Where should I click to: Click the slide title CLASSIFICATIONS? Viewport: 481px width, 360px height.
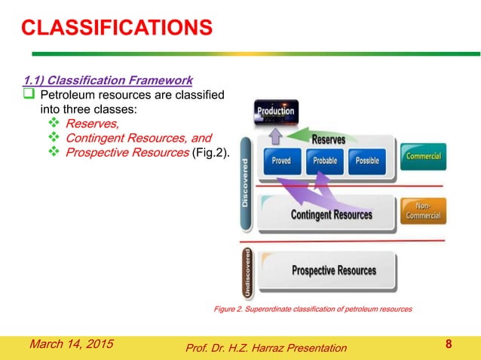(116, 29)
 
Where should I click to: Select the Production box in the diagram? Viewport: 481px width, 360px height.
(276, 112)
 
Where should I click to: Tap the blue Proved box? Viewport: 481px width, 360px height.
(281, 160)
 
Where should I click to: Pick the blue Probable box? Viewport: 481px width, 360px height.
(324, 160)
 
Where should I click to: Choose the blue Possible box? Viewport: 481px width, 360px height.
(366, 160)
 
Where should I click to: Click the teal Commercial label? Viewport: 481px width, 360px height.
(423, 156)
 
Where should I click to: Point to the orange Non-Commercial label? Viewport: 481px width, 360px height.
(423, 210)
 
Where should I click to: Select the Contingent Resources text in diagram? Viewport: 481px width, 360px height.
(331, 215)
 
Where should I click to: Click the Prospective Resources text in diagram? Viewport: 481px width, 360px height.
(333, 270)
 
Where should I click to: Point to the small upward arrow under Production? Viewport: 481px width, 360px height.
(275, 136)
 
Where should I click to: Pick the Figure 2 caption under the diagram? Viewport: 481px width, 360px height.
(314, 310)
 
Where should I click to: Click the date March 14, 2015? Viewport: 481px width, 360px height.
(71, 344)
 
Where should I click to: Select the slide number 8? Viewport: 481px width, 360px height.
(449, 345)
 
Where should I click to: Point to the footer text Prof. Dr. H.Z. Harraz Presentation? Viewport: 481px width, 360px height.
(265, 347)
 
